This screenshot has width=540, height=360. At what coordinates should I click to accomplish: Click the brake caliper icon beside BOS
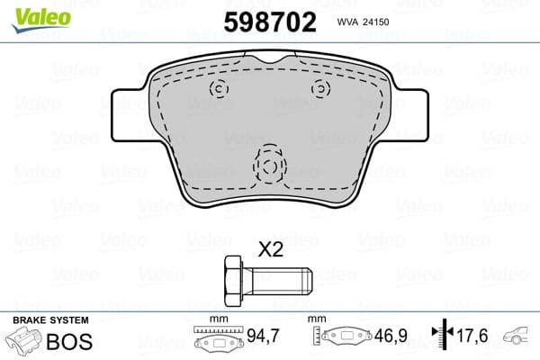tap(27, 343)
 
